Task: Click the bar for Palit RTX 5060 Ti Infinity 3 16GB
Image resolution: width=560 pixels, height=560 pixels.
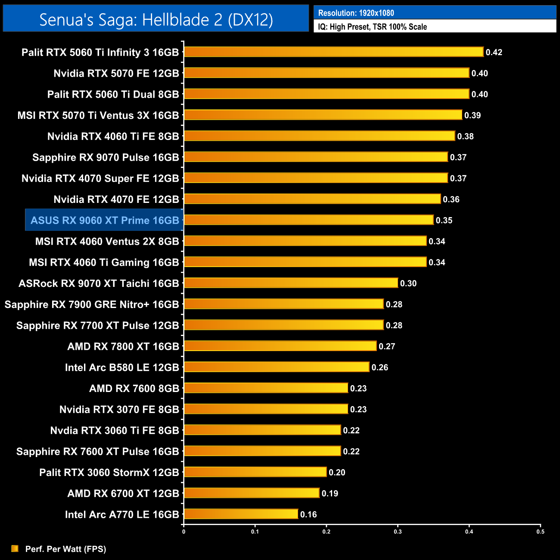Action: pyautogui.click(x=334, y=52)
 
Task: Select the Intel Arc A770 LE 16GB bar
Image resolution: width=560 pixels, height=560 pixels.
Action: pyautogui.click(x=241, y=514)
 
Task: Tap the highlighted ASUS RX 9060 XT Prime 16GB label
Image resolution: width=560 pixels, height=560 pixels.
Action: pyautogui.click(x=105, y=220)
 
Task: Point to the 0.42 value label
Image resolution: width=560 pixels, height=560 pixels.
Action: pyautogui.click(x=494, y=52)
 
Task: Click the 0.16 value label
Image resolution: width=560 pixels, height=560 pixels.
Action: pyautogui.click(x=308, y=514)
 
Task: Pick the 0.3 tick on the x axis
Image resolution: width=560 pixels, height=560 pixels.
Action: pyautogui.click(x=398, y=532)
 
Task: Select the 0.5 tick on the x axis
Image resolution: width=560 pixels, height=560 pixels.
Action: pyautogui.click(x=540, y=532)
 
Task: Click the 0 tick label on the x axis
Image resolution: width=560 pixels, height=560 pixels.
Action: pyautogui.click(x=184, y=532)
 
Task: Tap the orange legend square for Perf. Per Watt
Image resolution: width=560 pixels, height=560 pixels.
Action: pyautogui.click(x=15, y=548)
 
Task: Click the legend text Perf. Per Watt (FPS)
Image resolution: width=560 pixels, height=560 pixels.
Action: pyautogui.click(x=65, y=549)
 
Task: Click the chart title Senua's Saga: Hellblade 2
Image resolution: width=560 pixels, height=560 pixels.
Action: pyautogui.click(x=156, y=19)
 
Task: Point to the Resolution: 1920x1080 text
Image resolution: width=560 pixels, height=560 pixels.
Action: pyautogui.click(x=356, y=13)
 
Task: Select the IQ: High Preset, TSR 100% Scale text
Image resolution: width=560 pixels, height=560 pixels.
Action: pyautogui.click(x=372, y=27)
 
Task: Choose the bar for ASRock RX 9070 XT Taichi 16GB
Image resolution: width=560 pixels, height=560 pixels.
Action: pyautogui.click(x=291, y=283)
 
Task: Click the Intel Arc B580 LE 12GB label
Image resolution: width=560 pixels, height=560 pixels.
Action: pyautogui.click(x=122, y=367)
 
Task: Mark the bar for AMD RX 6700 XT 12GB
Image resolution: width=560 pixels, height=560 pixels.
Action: pyautogui.click(x=252, y=493)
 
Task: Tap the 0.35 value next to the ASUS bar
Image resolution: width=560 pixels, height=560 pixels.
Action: pyautogui.click(x=444, y=220)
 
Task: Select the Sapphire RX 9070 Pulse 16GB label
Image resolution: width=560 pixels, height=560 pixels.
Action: pyautogui.click(x=106, y=157)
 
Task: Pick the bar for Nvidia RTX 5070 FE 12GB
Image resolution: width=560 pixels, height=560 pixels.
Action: pyautogui.click(x=327, y=73)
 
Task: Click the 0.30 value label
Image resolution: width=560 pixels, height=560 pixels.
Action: pyautogui.click(x=408, y=283)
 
